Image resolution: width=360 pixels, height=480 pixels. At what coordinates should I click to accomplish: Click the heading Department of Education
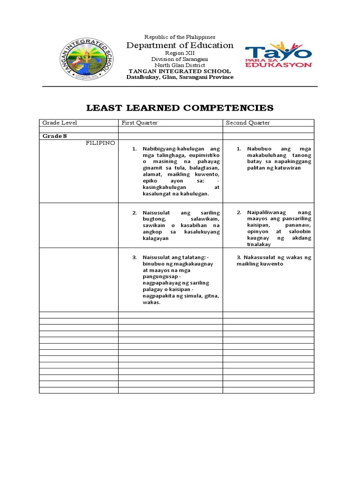coord(180,45)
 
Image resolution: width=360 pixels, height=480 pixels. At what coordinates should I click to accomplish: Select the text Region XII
coord(180,53)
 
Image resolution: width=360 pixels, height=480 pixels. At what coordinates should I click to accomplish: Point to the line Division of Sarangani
coord(180,59)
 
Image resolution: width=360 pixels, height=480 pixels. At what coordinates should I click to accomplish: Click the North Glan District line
coord(180,65)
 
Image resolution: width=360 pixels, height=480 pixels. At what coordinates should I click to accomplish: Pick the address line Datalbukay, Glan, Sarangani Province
coord(180,77)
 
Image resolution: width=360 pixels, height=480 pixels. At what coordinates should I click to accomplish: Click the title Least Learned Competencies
coord(180,108)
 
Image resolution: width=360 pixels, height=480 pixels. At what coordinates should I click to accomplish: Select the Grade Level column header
coord(60,123)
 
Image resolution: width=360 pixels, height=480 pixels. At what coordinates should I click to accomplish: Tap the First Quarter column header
coord(140,123)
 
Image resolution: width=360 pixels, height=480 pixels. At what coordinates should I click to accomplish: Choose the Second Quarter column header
coord(248,123)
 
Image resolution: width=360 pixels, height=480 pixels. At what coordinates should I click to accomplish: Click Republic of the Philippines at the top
coord(180,37)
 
